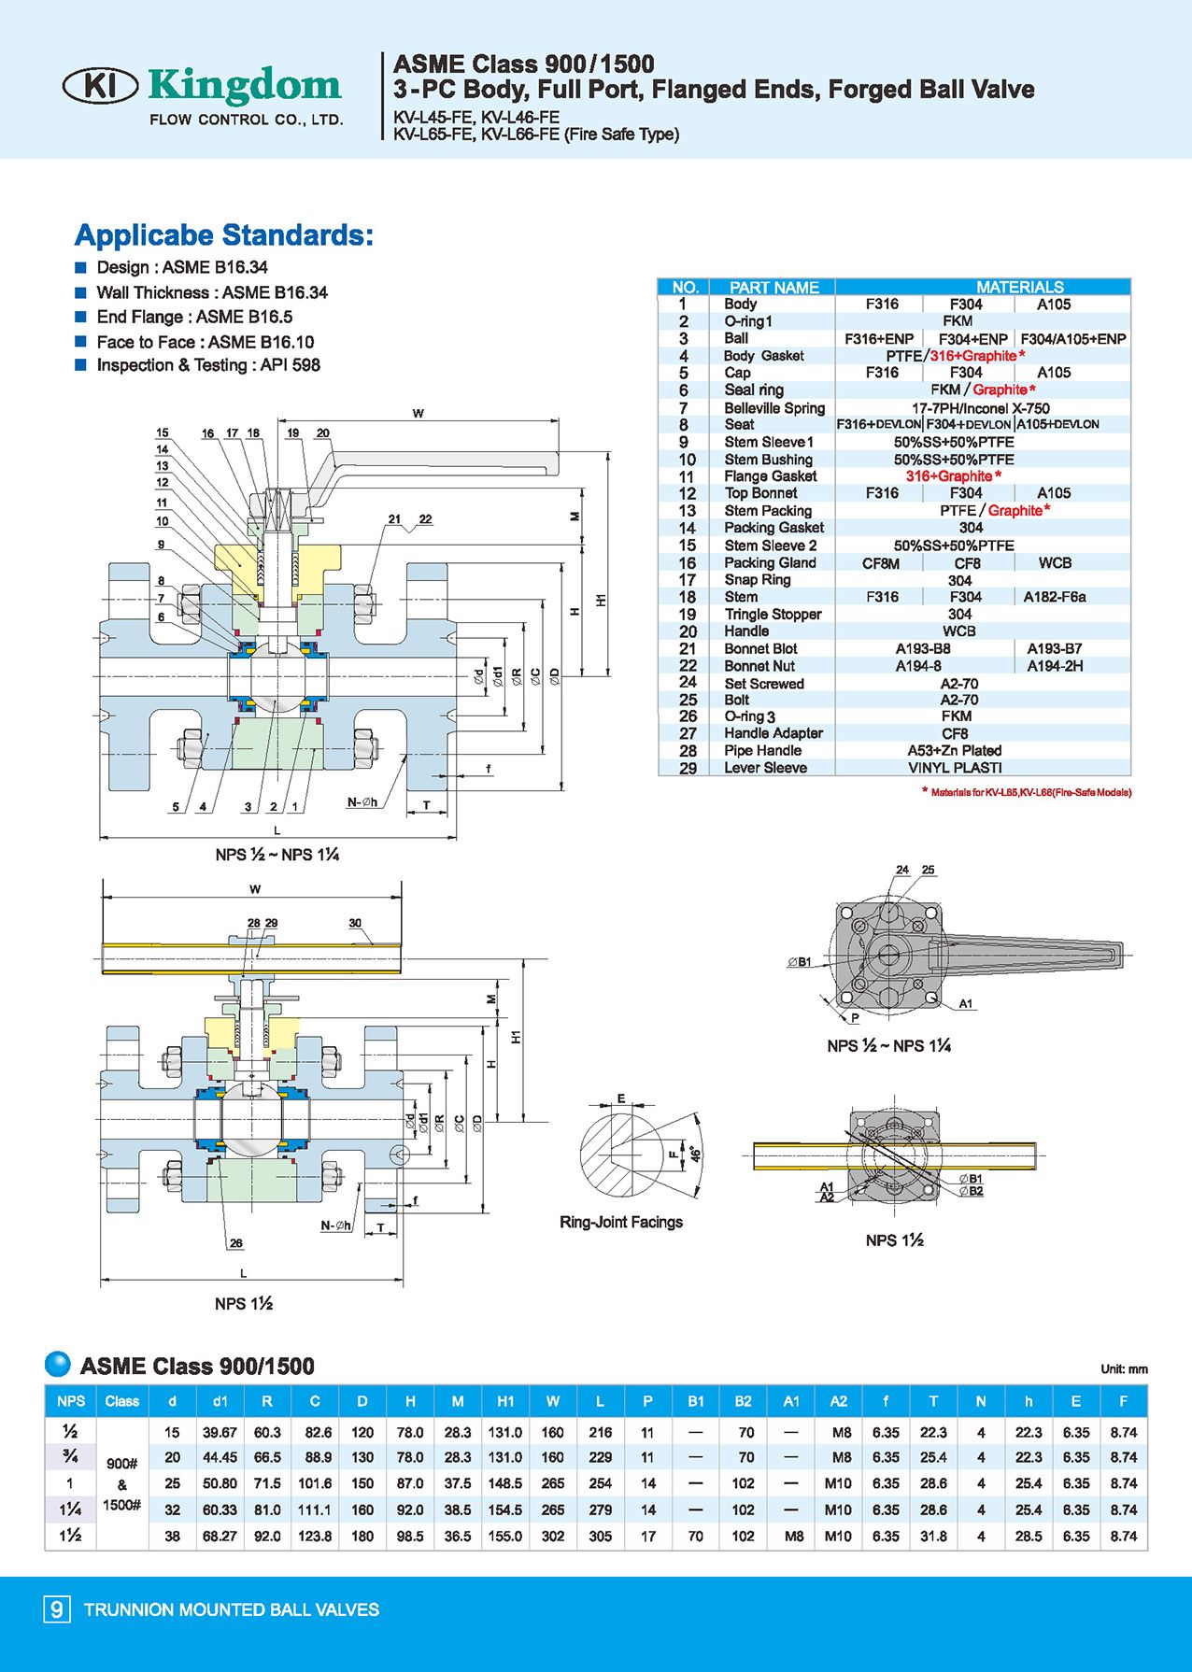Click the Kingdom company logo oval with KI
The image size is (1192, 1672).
(x=100, y=86)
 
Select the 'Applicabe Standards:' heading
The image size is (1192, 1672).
(x=223, y=234)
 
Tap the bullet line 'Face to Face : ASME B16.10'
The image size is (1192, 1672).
(x=205, y=342)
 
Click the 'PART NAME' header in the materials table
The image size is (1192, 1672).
(x=773, y=287)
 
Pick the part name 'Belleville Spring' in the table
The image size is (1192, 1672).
(x=774, y=407)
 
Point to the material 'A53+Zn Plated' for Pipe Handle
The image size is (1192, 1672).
(x=954, y=750)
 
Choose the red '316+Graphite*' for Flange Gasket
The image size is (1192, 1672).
(x=953, y=476)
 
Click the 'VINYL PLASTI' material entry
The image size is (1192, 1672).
(x=955, y=768)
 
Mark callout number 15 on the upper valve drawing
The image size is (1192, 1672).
(x=163, y=432)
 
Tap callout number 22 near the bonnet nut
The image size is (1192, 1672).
(x=425, y=519)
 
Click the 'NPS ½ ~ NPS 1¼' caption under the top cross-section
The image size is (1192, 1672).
(x=277, y=855)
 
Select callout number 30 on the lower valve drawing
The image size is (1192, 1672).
(x=355, y=923)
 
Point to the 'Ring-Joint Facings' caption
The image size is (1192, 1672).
(x=621, y=1222)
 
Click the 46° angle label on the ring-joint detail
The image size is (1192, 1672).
(x=695, y=1155)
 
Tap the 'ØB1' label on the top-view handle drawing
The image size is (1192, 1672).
(x=800, y=961)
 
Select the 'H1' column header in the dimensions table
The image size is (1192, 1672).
(x=505, y=1401)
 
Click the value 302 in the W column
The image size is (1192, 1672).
(x=553, y=1536)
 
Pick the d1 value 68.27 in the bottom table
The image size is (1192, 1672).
(x=220, y=1536)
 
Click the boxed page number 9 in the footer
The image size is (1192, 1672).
(x=57, y=1608)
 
